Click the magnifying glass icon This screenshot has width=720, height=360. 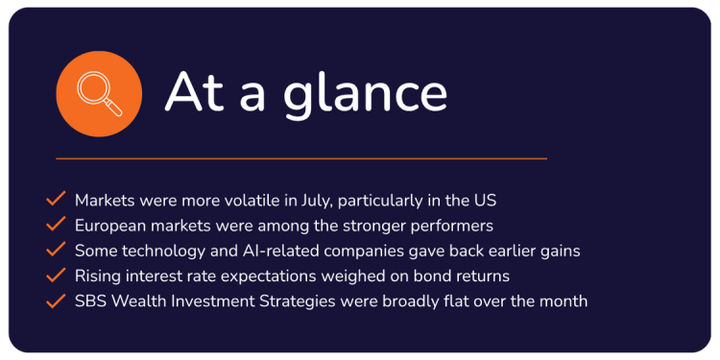[x=99, y=94]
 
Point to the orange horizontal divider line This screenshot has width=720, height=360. [x=301, y=158]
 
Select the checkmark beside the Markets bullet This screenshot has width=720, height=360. [x=56, y=199]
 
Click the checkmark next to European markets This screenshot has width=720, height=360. [x=56, y=224]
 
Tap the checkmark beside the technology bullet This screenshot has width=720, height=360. [x=56, y=250]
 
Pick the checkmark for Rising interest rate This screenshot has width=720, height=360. [x=56, y=276]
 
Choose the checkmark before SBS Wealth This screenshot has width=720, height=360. [x=56, y=300]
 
